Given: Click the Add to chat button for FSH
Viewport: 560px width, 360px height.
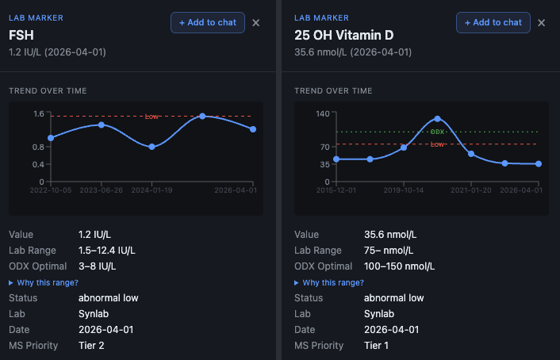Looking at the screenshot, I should click(x=208, y=22).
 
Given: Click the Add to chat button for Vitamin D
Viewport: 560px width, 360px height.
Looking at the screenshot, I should click(x=493, y=22).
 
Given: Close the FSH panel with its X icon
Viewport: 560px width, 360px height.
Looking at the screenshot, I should click(x=255, y=23).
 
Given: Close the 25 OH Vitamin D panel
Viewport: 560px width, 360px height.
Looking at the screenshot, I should click(x=541, y=23).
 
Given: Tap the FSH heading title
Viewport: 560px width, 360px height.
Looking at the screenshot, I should click(x=21, y=35).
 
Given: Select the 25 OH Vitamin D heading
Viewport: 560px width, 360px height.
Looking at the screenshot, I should click(x=343, y=35).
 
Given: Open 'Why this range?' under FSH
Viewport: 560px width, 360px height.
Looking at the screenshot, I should click(x=47, y=282).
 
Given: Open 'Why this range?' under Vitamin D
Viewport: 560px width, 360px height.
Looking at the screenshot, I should click(x=332, y=282).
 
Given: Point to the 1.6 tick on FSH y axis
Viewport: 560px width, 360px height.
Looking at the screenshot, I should click(x=39, y=114).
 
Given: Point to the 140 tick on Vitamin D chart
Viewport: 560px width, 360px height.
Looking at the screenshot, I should click(x=323, y=114).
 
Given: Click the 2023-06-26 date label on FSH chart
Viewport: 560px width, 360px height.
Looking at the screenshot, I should click(x=101, y=190).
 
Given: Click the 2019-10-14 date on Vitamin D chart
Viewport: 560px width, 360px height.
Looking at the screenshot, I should click(x=404, y=190).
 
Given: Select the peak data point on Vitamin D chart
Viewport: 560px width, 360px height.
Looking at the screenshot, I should click(x=437, y=119).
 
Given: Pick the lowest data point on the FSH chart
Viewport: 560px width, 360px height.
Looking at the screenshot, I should click(x=152, y=147).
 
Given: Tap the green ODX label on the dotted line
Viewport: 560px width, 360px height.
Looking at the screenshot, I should click(x=437, y=132).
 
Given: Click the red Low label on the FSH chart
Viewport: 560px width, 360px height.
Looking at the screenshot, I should click(x=152, y=117).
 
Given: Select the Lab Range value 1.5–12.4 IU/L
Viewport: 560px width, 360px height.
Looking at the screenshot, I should click(x=106, y=251).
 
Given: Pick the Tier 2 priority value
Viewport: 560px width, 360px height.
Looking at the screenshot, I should click(x=92, y=346).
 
